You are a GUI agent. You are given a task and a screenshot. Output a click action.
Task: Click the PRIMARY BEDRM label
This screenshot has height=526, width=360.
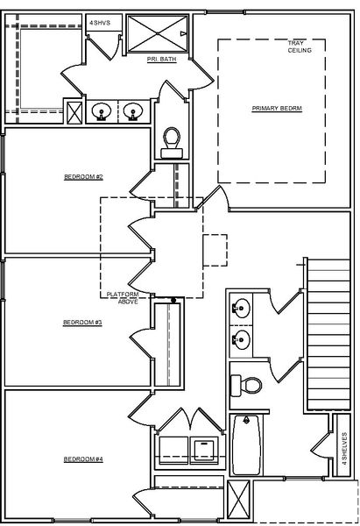(276, 108)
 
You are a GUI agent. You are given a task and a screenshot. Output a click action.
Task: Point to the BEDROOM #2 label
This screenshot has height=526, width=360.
(84, 177)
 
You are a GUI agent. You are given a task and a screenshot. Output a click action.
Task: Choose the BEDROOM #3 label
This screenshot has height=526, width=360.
(83, 323)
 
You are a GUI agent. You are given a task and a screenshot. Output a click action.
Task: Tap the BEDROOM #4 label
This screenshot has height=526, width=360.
(84, 459)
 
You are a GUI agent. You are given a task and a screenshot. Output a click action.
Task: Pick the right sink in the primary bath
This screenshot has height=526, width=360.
(132, 111)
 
